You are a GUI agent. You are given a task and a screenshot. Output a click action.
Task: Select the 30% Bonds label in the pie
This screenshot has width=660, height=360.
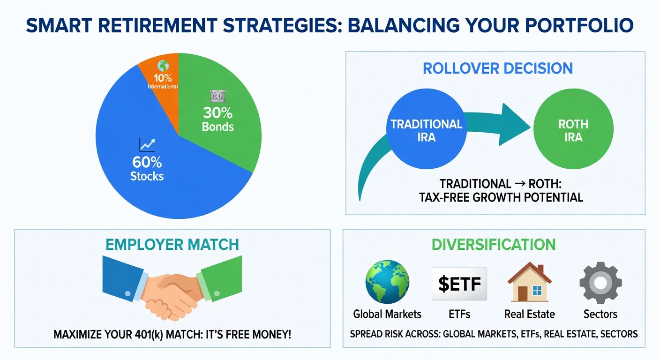pyautogui.click(x=218, y=120)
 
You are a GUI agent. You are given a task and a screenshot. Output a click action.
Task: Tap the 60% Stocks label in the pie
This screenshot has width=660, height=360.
pyautogui.click(x=147, y=168)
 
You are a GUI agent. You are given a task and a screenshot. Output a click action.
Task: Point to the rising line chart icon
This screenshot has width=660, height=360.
pyautogui.click(x=147, y=145)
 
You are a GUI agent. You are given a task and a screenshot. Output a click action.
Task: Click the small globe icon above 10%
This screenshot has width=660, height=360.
pyautogui.click(x=163, y=66)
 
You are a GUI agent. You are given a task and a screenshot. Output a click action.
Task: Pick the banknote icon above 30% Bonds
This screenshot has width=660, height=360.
pyautogui.click(x=218, y=96)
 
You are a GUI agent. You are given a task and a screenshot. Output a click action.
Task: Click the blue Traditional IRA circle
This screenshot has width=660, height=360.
pyautogui.click(x=427, y=129)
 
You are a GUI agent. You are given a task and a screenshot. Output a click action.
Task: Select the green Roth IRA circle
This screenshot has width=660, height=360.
pyautogui.click(x=573, y=129)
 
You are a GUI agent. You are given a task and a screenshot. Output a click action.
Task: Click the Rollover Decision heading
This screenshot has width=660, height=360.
pyautogui.click(x=498, y=68)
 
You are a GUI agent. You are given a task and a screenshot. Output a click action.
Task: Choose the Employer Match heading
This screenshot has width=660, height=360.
pyautogui.click(x=172, y=245)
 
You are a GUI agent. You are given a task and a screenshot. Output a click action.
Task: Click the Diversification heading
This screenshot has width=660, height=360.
pyautogui.click(x=494, y=245)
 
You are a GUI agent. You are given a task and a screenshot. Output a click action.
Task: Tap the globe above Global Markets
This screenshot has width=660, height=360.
pyautogui.click(x=387, y=282)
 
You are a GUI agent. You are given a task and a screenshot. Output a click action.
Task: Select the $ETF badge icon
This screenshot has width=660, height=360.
pyautogui.click(x=459, y=284)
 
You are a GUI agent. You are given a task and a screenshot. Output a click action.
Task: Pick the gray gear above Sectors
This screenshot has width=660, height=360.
pyautogui.click(x=600, y=283)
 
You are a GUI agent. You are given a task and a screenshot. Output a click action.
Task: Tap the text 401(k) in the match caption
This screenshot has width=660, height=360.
pyautogui.click(x=142, y=334)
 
